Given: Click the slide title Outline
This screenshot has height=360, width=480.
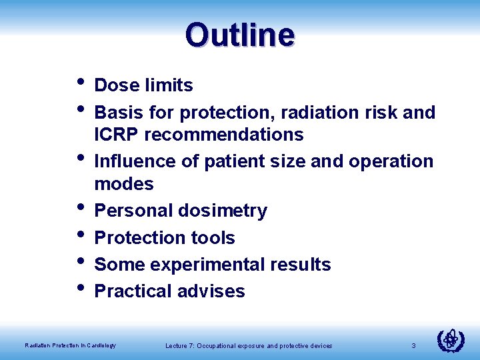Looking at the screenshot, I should [x=240, y=34].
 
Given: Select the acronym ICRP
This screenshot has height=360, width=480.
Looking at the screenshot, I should [x=117, y=135].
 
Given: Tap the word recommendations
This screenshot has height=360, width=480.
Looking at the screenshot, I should [x=223, y=135].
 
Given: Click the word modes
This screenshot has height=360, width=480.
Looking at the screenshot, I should [x=124, y=184].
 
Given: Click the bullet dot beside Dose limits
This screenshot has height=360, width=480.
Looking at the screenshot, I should [x=80, y=83].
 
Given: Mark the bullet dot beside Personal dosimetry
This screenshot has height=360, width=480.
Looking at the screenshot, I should [x=80, y=208].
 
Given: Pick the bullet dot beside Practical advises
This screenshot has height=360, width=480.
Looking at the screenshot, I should [x=80, y=289].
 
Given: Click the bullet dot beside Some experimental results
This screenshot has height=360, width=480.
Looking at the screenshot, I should [x=80, y=262].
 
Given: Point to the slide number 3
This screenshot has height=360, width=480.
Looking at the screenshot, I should [x=413, y=345].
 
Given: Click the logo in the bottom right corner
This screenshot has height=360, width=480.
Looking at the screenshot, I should [x=450, y=341].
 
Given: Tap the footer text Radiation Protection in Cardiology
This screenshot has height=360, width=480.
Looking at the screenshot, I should [x=70, y=345].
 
